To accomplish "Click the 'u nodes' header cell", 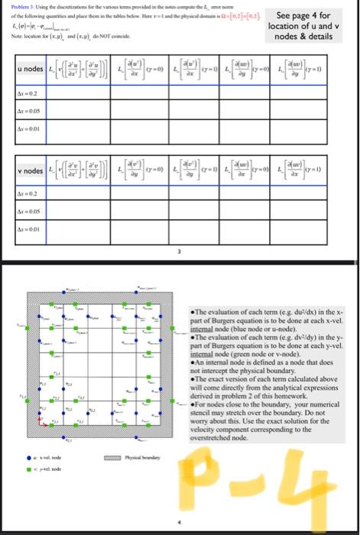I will click(22, 70).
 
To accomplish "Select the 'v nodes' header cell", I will click(22, 170).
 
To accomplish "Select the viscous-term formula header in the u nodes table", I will click(79, 70).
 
